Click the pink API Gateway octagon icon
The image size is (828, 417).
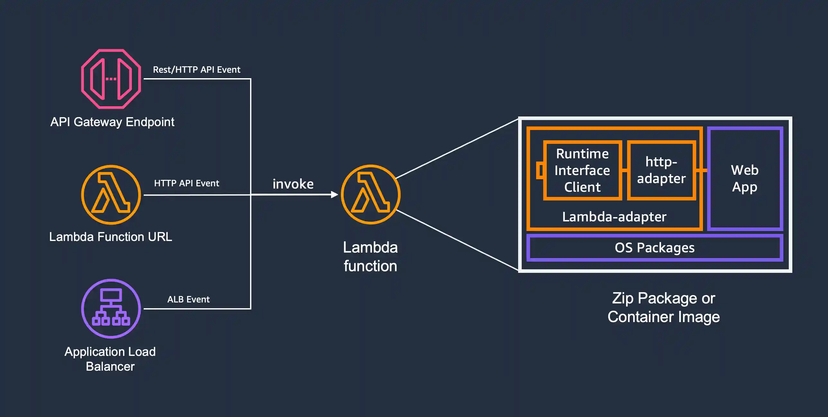(111, 79)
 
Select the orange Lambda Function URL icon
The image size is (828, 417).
(111, 195)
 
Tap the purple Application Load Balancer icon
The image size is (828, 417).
(111, 309)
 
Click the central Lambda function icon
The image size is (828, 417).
(371, 194)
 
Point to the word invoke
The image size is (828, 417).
(293, 184)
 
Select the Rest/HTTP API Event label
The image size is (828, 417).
(196, 69)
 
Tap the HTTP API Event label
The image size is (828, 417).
(186, 183)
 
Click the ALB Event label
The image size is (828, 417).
(188, 299)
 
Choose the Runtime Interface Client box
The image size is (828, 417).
(582, 170)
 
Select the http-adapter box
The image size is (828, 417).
(661, 170)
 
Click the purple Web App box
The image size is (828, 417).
(745, 179)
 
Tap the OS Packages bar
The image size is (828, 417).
(654, 248)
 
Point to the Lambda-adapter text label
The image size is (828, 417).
(614, 217)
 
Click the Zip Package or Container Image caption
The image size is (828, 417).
(663, 307)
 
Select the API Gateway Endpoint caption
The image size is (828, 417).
(112, 122)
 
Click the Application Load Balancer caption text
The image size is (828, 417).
(110, 359)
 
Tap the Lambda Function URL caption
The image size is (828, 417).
(111, 237)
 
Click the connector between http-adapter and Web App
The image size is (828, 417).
(702, 170)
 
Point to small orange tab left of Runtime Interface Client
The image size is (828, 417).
(540, 170)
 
